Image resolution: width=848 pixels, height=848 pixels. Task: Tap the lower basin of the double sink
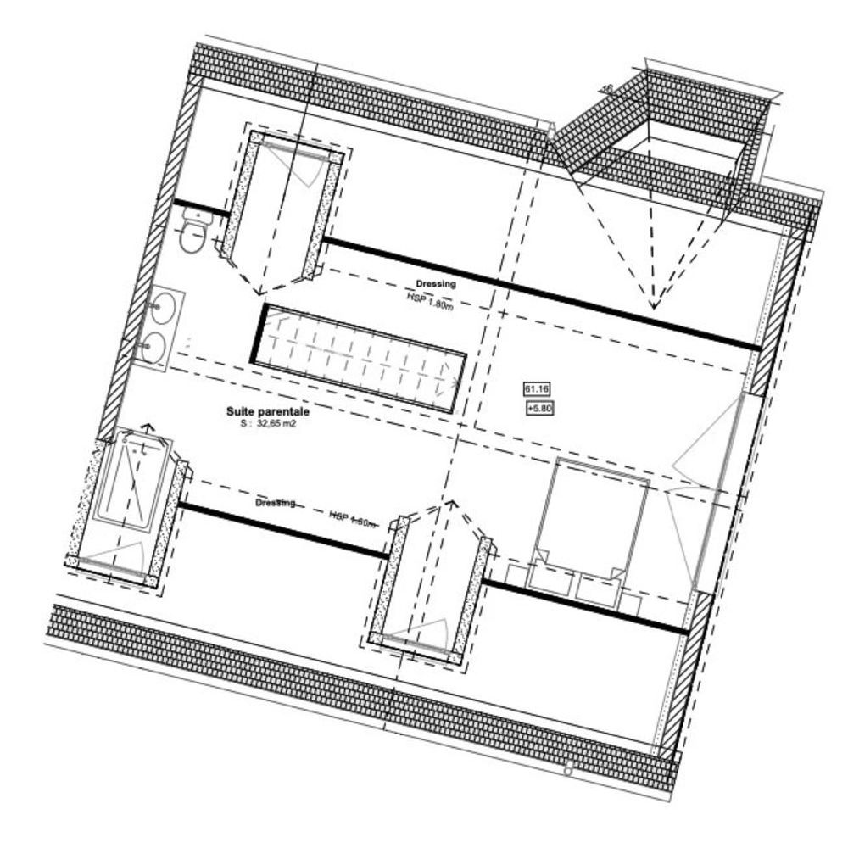(154, 346)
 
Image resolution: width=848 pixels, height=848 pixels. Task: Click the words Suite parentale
(267, 411)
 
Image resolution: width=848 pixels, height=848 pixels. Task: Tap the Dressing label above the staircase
(436, 284)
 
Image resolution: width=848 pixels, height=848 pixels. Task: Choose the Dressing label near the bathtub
(275, 503)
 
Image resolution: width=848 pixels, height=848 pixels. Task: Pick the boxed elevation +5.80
(539, 408)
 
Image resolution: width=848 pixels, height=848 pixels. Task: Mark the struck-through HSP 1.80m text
(353, 518)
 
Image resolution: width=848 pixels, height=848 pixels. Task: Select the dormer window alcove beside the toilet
(281, 208)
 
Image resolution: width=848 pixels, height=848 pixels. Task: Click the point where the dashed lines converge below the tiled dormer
(654, 305)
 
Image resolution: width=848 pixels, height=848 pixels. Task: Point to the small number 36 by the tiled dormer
(607, 87)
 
